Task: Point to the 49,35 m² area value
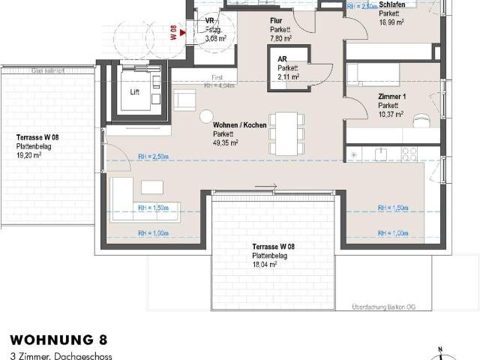click(225, 142)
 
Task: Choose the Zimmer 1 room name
click(391, 97)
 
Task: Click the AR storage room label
click(283, 59)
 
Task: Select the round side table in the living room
click(205, 116)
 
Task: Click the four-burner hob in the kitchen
click(409, 154)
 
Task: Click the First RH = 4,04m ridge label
click(219, 82)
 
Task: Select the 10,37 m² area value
click(390, 114)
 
